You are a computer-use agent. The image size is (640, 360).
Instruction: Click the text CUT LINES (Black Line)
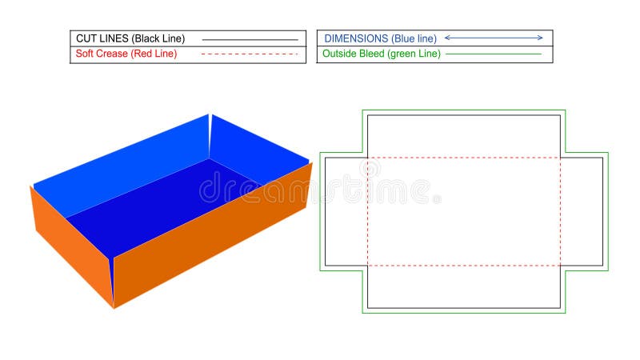pos(130,38)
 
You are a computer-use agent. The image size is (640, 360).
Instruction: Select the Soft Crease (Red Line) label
pos(126,54)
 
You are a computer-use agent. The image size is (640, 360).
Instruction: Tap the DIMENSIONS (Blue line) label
pos(379,38)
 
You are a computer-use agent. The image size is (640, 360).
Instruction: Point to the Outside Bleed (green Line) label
pos(380,54)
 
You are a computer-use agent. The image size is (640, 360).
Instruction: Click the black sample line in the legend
pos(250,38)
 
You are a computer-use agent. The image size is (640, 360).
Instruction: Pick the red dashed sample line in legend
pos(250,54)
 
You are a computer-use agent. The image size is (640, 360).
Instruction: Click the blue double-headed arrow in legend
pos(494,38)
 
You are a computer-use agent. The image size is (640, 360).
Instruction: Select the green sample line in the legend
pos(494,54)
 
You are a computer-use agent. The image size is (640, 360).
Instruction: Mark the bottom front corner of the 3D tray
pos(113,306)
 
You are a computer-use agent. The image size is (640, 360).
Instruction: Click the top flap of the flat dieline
pos(464,135)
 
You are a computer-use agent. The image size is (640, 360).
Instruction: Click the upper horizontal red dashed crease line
pos(464,157)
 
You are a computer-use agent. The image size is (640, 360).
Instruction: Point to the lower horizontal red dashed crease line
pos(464,266)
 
